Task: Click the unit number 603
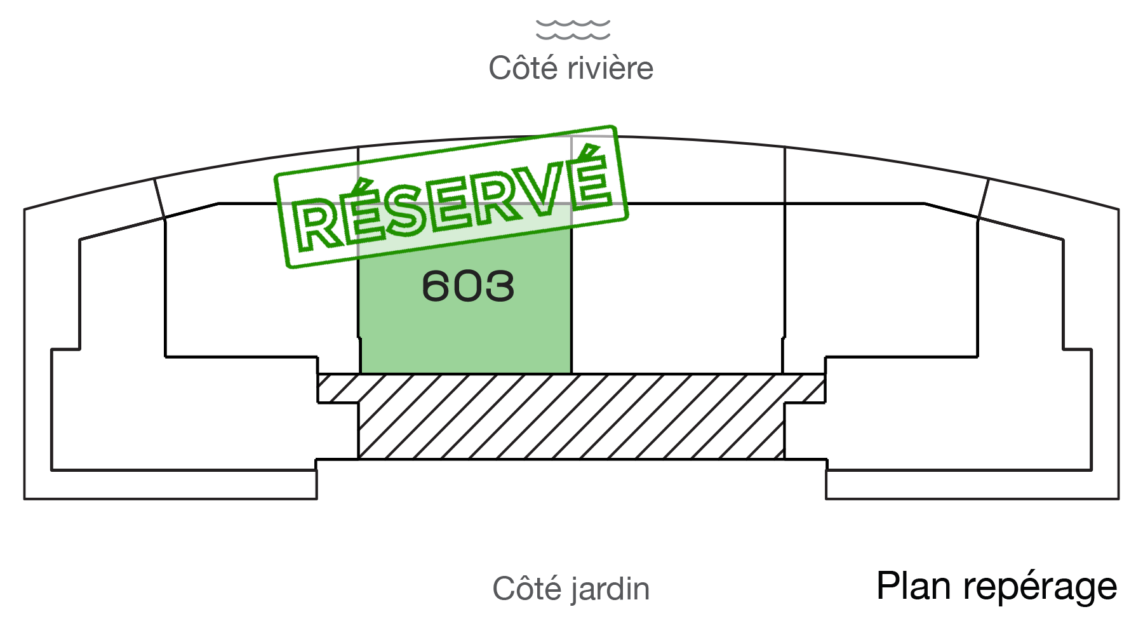[468, 286]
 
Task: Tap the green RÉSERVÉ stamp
[451, 197]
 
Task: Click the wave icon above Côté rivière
[573, 29]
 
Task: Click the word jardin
[610, 589]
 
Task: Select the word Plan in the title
[915, 585]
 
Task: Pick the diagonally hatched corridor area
[571, 416]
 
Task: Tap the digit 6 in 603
[436, 286]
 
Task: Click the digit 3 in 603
[500, 286]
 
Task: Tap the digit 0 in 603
[468, 286]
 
